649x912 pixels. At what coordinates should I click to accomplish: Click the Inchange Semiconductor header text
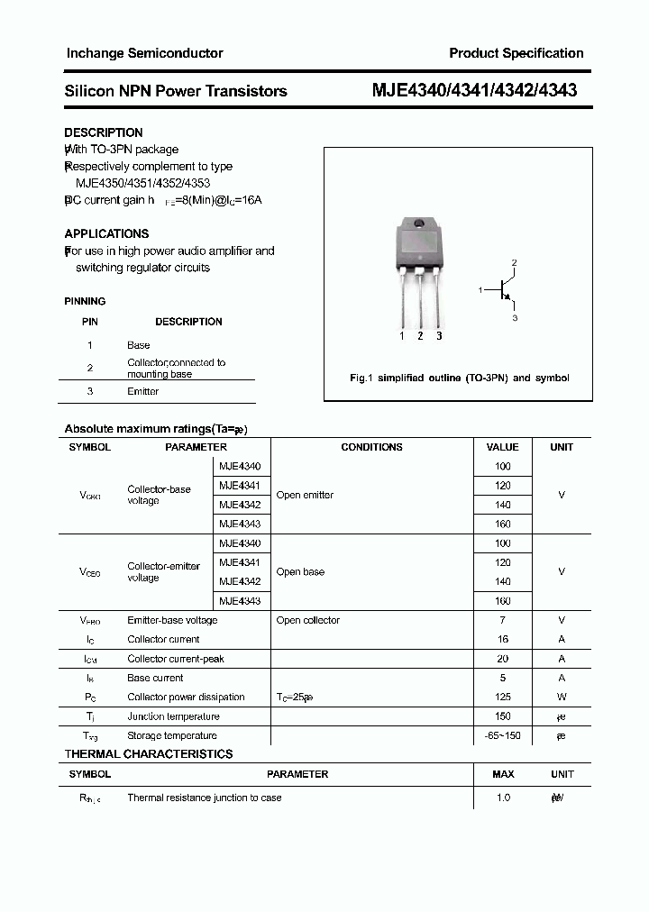coord(144,53)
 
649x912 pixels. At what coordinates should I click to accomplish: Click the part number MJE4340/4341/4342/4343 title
coord(475,90)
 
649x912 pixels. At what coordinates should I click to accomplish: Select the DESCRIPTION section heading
coord(104,132)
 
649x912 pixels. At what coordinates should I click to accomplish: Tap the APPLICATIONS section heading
coord(106,233)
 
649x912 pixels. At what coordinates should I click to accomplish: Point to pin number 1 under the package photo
coord(402,336)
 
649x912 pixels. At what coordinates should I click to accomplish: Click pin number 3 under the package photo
coord(439,336)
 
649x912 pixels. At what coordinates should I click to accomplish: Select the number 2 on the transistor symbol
coord(514,262)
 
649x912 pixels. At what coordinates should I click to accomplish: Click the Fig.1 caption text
coord(459,378)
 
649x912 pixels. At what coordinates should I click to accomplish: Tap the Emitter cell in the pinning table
coord(143,391)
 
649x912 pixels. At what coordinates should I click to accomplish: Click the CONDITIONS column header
coord(371,447)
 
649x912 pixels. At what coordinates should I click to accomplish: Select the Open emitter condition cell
coord(305,495)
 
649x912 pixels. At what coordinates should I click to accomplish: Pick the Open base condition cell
coord(300,571)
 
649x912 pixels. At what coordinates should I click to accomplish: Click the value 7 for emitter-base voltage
coord(502,620)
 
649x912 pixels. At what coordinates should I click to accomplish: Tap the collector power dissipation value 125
coord(502,697)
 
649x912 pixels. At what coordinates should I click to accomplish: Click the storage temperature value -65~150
coord(502,735)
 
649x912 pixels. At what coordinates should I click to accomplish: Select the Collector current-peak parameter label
coord(175,659)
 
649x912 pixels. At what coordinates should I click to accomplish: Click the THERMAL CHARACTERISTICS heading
coord(149,754)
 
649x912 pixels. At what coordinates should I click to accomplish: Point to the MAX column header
coord(503,774)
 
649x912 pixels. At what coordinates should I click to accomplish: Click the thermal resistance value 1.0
coord(503,798)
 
